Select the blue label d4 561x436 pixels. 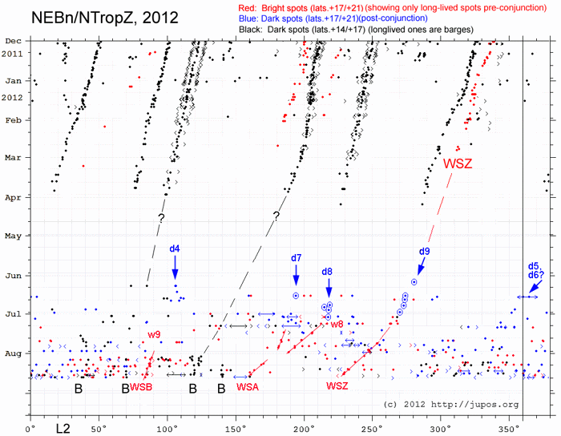174,248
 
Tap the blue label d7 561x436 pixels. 296,258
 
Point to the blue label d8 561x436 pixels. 327,272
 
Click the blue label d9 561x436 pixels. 425,252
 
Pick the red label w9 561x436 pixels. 155,333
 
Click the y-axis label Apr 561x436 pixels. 14,197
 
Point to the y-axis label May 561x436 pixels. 14,236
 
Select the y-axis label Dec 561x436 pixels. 14,41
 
